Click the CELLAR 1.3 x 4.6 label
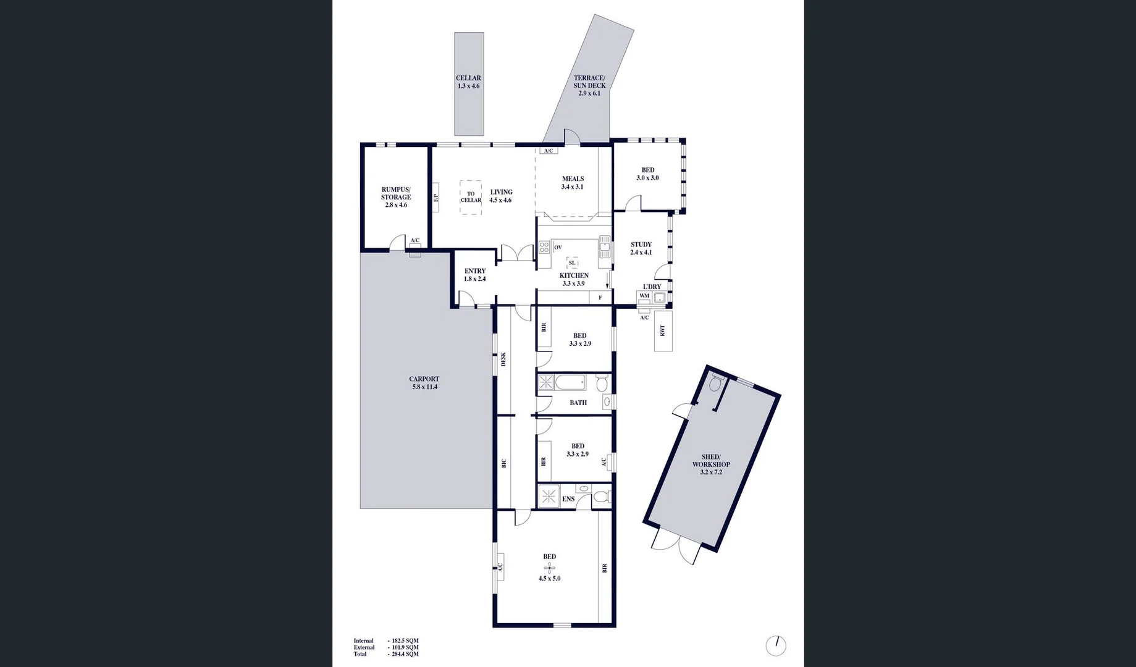[468, 82]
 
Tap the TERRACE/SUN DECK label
[589, 86]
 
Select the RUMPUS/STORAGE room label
[396, 197]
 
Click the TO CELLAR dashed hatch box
[471, 197]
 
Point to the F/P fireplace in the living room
[435, 198]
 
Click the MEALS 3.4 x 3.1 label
[573, 183]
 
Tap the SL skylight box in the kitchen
[572, 263]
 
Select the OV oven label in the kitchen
[558, 248]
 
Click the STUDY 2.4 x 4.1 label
[641, 248]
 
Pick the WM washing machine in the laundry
[644, 296]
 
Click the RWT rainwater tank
[663, 331]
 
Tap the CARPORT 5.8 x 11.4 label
[424, 383]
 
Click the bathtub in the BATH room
[570, 384]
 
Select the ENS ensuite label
[568, 499]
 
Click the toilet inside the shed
[715, 384]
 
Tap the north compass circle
[776, 646]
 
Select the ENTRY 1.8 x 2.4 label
[475, 275]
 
